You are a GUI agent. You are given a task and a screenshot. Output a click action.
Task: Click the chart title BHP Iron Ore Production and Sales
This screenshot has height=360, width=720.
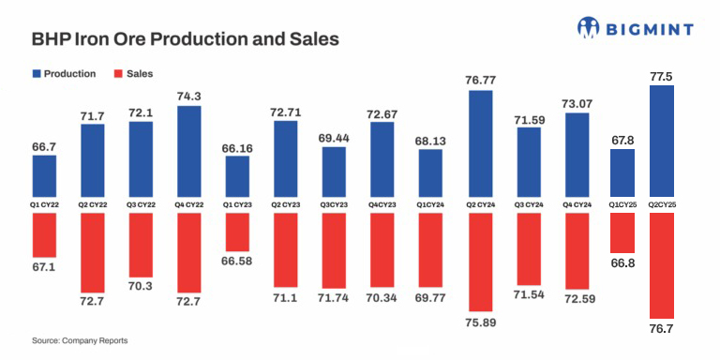185,40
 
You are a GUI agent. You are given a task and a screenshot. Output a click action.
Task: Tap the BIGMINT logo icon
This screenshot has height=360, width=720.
589,27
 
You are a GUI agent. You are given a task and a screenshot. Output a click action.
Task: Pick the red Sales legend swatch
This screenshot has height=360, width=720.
117,73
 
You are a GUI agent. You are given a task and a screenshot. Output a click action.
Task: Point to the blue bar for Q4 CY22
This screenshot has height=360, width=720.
188,150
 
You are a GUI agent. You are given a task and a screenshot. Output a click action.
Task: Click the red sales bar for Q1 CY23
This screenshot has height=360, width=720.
237,232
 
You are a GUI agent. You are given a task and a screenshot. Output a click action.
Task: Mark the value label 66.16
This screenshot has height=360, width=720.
237,147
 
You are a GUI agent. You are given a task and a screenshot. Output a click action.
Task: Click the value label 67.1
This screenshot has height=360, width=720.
44,268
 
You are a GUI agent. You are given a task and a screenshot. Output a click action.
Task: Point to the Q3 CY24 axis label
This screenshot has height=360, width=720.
528,203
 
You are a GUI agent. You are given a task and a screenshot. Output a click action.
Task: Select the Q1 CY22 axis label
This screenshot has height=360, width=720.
44,203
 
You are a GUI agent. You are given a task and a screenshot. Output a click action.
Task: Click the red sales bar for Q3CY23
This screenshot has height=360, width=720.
335,250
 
